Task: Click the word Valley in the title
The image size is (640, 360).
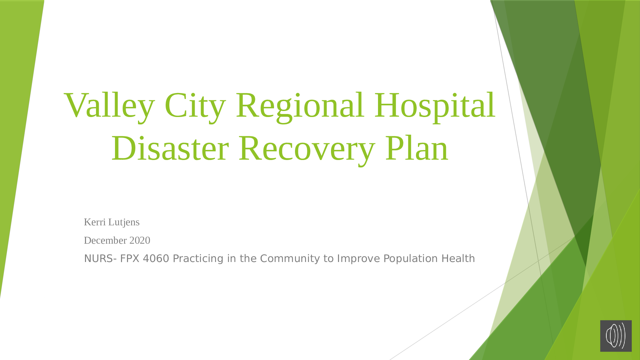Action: [x=109, y=106]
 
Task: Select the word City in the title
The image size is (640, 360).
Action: [x=195, y=106]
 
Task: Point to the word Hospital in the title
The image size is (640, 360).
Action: [x=435, y=106]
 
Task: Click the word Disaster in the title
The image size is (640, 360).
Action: [x=170, y=148]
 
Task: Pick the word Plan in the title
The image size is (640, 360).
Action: [x=417, y=148]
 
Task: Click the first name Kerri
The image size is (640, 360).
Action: [x=95, y=222]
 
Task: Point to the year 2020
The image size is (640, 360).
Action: [x=140, y=240]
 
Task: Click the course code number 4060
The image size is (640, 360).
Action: [x=156, y=259]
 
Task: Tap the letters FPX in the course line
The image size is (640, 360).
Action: [x=130, y=259]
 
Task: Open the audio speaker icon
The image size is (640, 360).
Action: [x=616, y=336]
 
